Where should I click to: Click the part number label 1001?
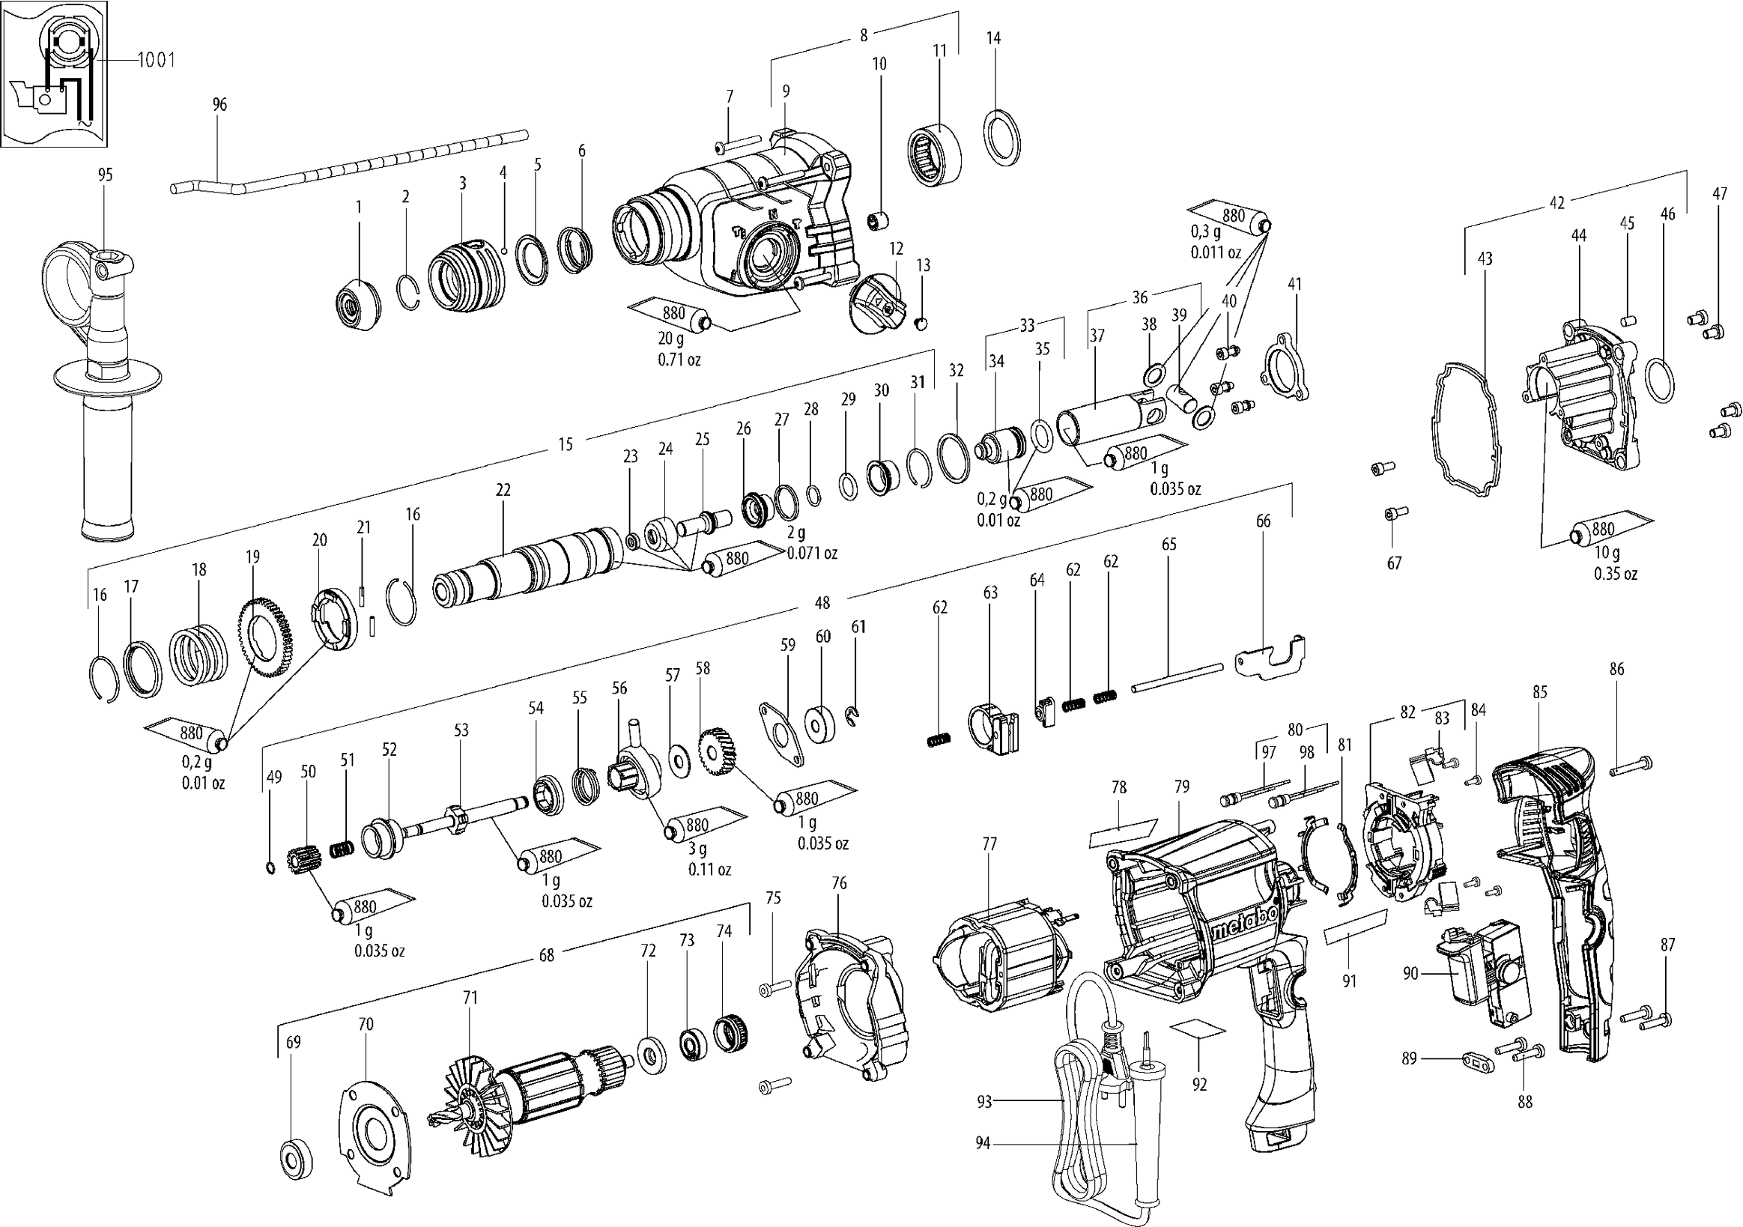point(157,60)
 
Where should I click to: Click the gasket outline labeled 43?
point(1466,430)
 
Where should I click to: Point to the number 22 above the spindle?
point(503,491)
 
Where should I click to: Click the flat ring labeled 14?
point(1003,136)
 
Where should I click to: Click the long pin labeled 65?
point(1177,677)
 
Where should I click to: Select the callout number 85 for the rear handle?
point(1539,691)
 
